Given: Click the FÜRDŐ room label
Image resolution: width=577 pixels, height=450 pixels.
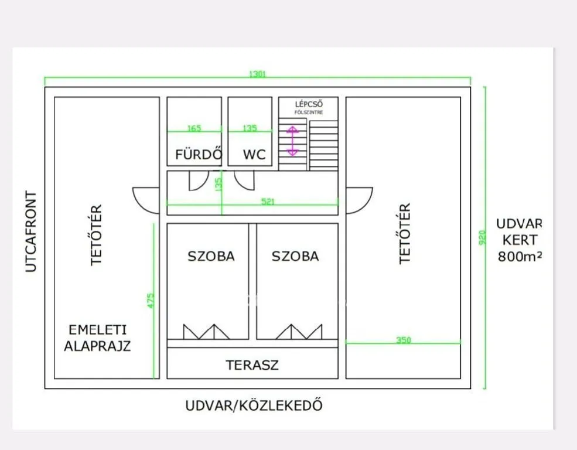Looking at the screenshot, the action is [199, 154].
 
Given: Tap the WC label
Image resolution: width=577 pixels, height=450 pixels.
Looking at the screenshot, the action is [254, 155].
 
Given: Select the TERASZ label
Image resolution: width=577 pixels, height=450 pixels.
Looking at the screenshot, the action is [252, 365].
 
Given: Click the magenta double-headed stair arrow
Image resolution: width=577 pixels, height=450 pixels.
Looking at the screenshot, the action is [292, 141].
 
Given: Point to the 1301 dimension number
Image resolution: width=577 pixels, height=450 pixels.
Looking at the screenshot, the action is [258, 74].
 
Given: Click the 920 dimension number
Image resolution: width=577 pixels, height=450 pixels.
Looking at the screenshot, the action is [483, 237].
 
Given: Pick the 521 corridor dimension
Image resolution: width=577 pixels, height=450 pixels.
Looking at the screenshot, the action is [268, 201].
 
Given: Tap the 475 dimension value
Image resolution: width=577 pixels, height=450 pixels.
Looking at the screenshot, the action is [151, 301].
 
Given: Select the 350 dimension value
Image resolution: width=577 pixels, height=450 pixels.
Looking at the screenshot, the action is [403, 340].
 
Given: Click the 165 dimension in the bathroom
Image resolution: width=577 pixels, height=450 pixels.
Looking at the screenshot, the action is [194, 128].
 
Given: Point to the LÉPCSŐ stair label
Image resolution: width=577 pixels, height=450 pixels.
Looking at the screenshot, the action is [309, 104].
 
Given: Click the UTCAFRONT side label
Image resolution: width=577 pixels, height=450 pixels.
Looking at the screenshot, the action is [31, 231].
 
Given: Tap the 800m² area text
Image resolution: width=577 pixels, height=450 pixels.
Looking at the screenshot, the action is [520, 257].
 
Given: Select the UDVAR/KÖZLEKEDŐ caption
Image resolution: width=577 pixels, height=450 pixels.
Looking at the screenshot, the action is [254, 405].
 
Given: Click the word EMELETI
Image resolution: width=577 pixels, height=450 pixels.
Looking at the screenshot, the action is [97, 330].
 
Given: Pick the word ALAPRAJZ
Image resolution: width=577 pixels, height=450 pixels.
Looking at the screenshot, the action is [97, 346].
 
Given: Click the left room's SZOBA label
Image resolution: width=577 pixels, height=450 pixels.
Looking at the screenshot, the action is [211, 256].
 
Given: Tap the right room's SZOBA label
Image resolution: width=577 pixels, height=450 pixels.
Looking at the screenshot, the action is [295, 256].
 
